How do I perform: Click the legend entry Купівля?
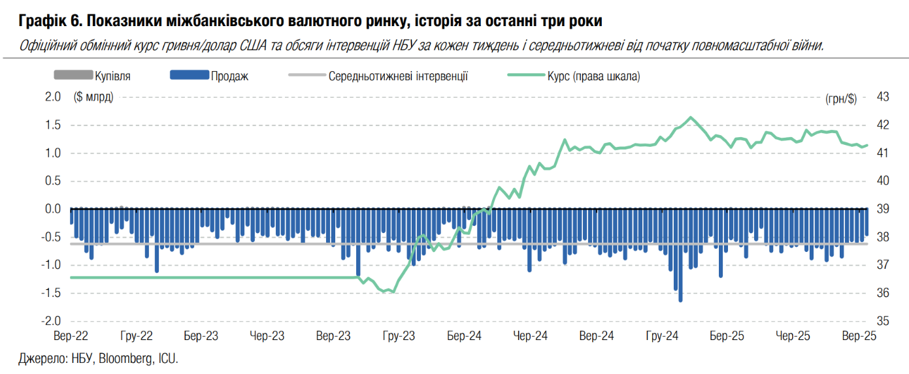click(112, 76)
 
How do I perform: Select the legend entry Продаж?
click(229, 76)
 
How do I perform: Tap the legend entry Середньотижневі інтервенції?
click(398, 76)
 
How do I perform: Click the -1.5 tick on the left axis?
click(52, 293)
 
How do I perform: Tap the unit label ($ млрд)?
click(94, 97)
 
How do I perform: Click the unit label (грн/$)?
click(841, 99)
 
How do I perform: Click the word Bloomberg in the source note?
click(125, 358)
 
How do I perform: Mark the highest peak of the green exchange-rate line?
click(691, 117)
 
